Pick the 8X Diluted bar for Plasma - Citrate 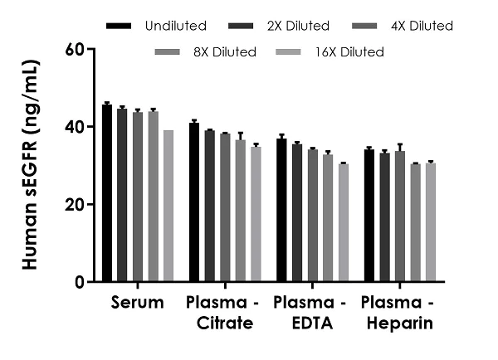[x=241, y=211]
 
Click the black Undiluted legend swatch [x=120, y=26]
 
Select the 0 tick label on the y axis [x=79, y=282]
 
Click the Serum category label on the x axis [x=138, y=302]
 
